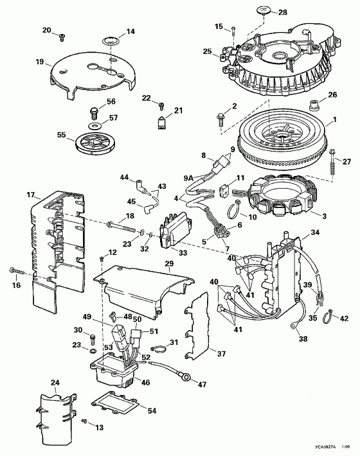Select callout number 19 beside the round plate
click(x=40, y=62)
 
